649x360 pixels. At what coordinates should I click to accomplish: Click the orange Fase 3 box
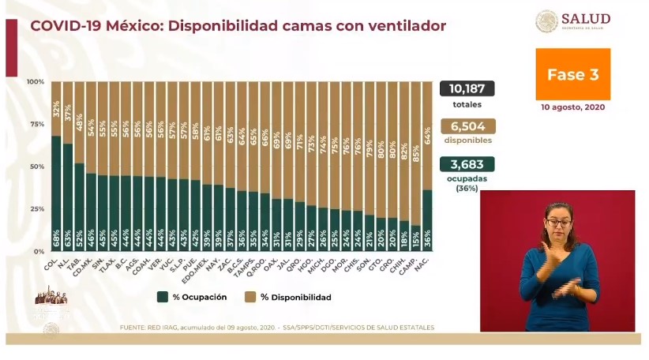[572, 74]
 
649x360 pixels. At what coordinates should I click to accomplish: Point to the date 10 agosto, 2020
[572, 107]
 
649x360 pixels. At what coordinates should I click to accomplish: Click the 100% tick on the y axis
[35, 82]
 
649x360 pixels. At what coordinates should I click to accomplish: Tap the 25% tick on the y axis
[36, 208]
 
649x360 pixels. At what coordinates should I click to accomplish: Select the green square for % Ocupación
[162, 297]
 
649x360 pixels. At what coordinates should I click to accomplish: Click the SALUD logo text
[585, 19]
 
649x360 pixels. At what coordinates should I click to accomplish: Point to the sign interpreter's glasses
[558, 223]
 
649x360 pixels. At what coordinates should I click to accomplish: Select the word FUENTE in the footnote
[133, 327]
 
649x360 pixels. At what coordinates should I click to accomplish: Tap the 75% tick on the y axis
[36, 124]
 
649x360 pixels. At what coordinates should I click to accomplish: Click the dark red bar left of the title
[11, 47]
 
